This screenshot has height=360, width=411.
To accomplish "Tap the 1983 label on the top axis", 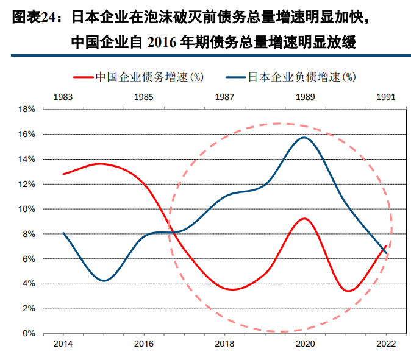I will tap(63, 97).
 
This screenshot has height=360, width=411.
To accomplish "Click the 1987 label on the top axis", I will tap(225, 97).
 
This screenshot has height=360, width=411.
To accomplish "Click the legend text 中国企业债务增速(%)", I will tap(149, 77).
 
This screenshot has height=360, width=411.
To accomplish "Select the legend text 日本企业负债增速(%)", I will tap(301, 77).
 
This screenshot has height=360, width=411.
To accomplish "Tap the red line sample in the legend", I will tap(83, 77).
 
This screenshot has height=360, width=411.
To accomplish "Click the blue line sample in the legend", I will tap(235, 77).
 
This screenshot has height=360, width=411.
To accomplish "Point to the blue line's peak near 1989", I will tap(304, 138).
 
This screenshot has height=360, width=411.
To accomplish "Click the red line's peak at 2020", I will tap(305, 219).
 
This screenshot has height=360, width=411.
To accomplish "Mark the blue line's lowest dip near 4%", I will tap(104, 281).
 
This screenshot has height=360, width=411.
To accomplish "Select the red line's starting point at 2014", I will tap(63, 174).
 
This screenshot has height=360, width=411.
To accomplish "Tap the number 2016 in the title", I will tap(173, 42).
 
